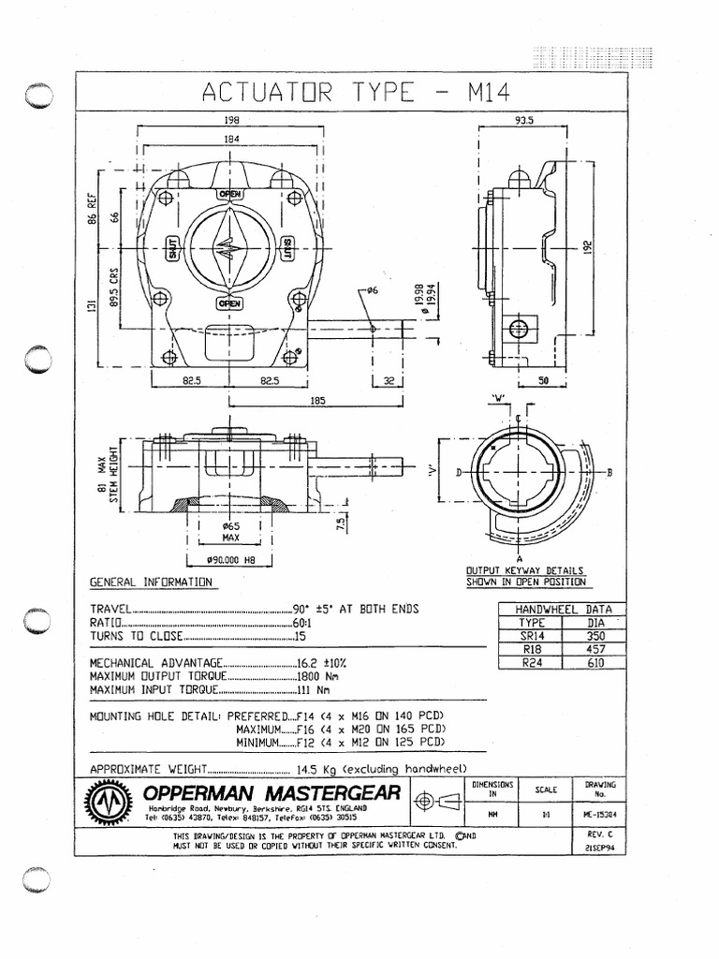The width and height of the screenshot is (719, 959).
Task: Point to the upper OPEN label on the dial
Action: point(229,194)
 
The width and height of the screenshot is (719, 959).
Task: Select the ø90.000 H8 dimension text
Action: point(230,561)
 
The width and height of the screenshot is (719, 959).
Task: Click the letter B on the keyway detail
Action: point(609,473)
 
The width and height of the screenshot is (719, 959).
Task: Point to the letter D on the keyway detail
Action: point(459,473)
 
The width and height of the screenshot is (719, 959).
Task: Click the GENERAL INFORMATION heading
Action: point(151,583)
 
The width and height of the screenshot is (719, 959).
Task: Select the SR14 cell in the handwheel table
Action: point(531,634)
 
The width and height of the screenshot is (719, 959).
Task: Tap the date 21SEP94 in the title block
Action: point(594,845)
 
